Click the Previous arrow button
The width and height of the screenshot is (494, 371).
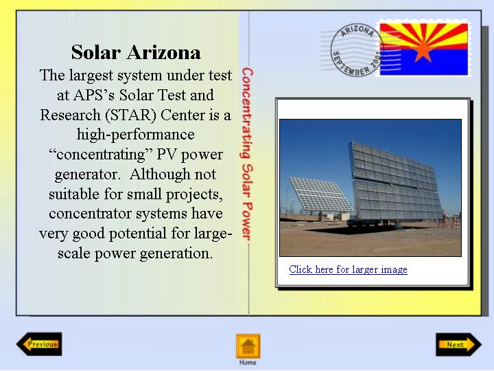coord(39,344)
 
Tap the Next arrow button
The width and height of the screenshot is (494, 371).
coord(458,344)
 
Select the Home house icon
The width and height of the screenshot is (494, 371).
coord(248,346)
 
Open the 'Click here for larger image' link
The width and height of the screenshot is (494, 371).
coord(348,269)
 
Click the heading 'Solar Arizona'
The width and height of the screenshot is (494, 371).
coord(136,52)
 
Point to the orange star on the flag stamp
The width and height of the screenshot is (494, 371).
coord(423,50)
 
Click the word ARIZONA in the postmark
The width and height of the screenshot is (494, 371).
coord(357,31)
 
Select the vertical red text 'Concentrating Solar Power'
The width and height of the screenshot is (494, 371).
coord(247,154)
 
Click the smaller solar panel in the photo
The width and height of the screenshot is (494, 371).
coord(320,194)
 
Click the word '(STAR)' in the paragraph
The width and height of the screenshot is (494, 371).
coord(130,115)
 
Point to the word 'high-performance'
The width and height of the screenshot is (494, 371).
coord(136,135)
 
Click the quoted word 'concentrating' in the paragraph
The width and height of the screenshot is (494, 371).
coord(101,155)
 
